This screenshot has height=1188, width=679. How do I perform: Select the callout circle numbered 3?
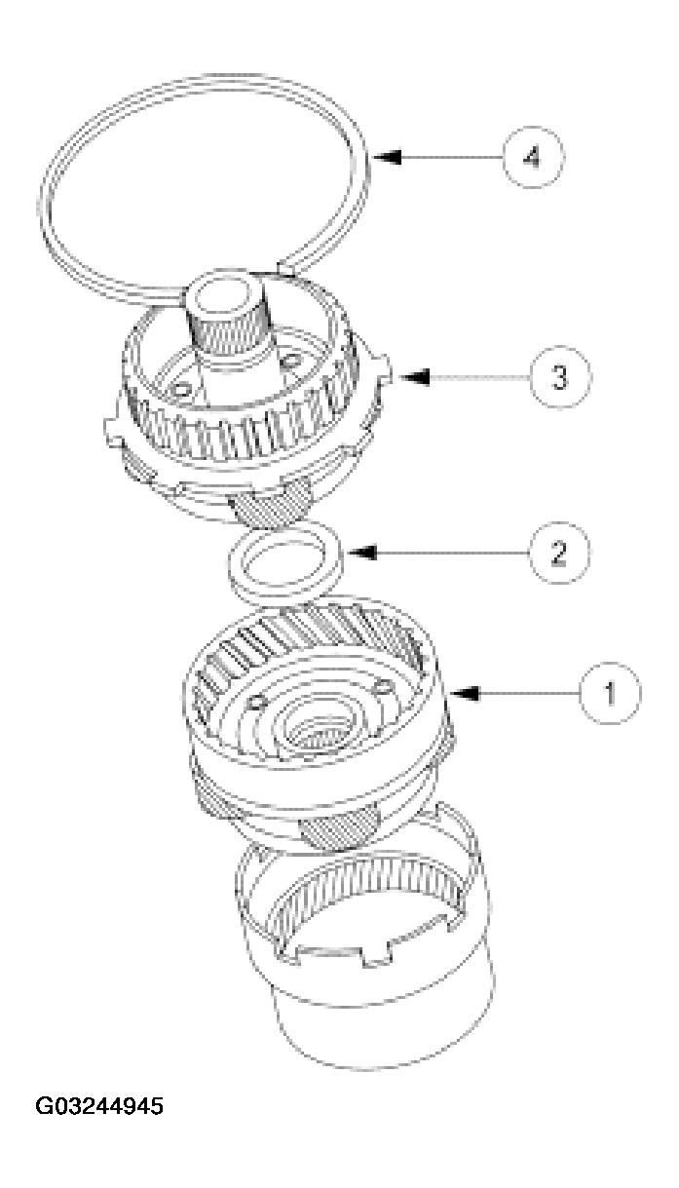559,376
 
